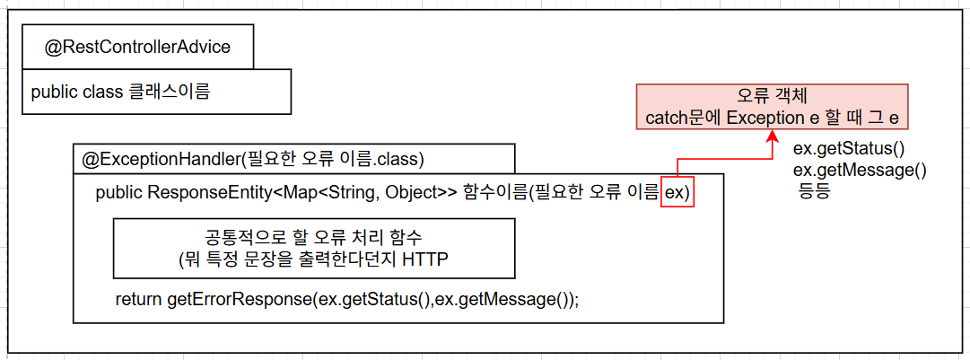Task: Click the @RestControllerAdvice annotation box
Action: click(x=137, y=48)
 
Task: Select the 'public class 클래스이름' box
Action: click(x=156, y=92)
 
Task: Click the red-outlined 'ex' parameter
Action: click(x=677, y=193)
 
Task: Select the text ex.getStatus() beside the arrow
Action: click(x=848, y=148)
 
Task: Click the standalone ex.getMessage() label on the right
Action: click(x=860, y=170)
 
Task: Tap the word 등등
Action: click(x=817, y=190)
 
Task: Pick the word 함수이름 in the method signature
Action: click(x=498, y=193)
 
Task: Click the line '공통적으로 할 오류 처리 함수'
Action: click(x=313, y=238)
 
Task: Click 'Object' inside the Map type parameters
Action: click(x=412, y=193)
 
